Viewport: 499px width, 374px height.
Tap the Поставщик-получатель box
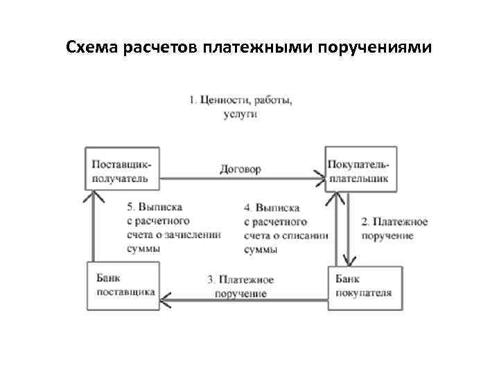(x=121, y=168)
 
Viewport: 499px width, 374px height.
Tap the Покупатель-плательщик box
(x=361, y=168)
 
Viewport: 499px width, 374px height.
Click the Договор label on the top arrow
(x=240, y=169)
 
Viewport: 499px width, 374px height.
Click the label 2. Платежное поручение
(x=394, y=229)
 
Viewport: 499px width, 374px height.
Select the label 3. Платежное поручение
(x=240, y=287)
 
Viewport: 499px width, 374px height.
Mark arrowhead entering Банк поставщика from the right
(x=166, y=299)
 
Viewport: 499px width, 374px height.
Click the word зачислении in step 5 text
(x=197, y=235)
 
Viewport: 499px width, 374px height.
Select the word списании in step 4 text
(x=305, y=235)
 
